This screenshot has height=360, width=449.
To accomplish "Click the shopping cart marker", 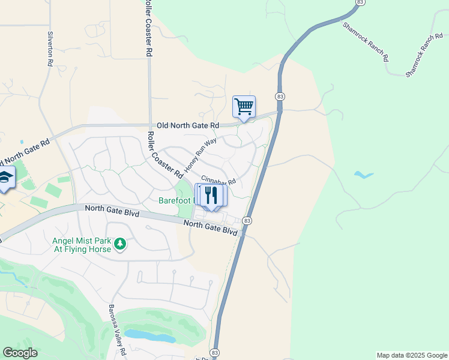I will point(244,107).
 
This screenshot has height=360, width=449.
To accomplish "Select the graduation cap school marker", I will point(5,178).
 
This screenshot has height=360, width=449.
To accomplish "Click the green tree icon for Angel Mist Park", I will point(120,244).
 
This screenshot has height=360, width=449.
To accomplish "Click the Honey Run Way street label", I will point(201,155).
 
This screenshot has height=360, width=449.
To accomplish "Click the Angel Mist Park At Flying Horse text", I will point(82,245).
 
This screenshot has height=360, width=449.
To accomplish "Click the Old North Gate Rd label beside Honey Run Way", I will point(188,125).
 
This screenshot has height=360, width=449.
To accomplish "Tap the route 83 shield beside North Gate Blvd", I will point(247,221).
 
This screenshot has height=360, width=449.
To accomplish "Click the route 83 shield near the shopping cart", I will point(280,97).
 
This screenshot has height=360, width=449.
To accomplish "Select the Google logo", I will point(20,353).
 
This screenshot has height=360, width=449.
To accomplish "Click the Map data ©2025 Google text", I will point(412,355).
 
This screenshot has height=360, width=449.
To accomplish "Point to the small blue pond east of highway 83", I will point(363,175).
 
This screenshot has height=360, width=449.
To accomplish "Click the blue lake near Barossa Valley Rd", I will point(150,335).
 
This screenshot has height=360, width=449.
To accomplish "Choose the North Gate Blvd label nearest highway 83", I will point(210,226).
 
